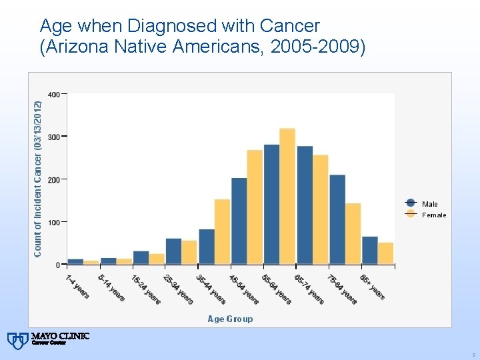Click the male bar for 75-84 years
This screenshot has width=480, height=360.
[x=337, y=219]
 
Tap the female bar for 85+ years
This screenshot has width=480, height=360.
[x=385, y=253]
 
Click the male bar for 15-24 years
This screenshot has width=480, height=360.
[x=141, y=257]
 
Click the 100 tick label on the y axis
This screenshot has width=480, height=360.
[x=54, y=222]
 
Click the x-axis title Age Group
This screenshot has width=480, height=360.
[x=230, y=319]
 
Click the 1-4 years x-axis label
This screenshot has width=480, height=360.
[x=77, y=287]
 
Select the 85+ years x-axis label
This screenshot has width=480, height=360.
[x=372, y=287]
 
